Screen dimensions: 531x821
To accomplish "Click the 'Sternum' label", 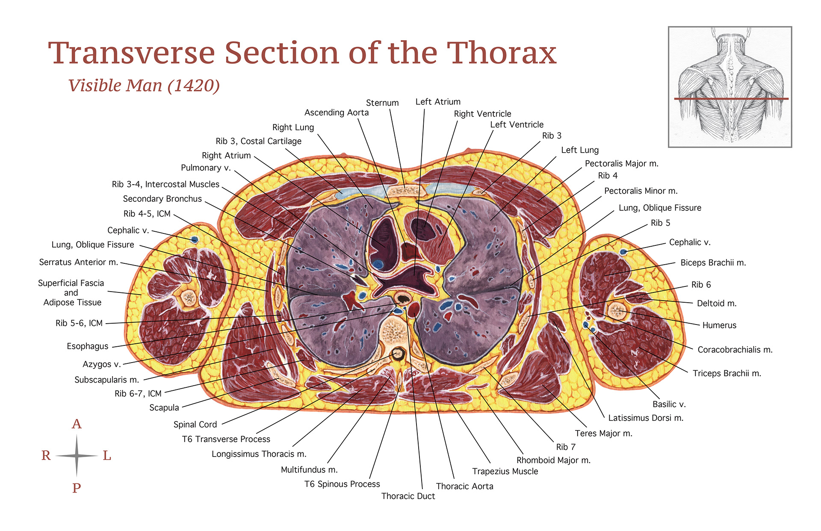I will tap(382, 103).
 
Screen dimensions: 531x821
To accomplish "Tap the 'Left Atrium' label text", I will tap(438, 102).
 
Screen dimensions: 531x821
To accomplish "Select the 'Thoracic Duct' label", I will tap(408, 496).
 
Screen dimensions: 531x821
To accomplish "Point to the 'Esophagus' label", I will tap(88, 346).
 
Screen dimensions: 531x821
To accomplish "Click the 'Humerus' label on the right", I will tap(719, 325).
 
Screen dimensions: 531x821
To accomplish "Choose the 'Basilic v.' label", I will tap(669, 404).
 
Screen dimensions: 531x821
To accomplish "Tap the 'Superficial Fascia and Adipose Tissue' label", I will tap(71, 293).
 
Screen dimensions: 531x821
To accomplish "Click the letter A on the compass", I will tap(77, 424).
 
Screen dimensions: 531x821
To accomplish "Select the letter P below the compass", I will tap(77, 488).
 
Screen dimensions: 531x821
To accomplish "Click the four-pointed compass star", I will tap(77, 456).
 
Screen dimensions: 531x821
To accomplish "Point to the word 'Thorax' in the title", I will tap(501, 53).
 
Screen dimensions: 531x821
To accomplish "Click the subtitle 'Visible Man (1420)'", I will tap(144, 86).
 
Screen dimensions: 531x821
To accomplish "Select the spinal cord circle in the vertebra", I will tap(398, 354).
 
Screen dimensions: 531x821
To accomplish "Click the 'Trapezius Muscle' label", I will tap(505, 471).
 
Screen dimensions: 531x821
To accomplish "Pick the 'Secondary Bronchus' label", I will tap(162, 199).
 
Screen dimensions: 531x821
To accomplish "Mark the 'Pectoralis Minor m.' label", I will tap(641, 191).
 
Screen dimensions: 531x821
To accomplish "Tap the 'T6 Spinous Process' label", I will tap(342, 484).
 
